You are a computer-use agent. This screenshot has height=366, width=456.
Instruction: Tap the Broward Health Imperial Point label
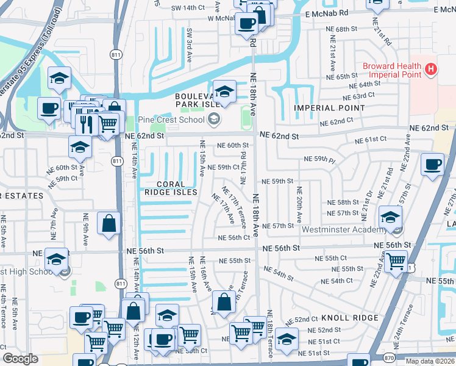click(x=392, y=70)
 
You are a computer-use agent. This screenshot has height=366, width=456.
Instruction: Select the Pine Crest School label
click(x=173, y=120)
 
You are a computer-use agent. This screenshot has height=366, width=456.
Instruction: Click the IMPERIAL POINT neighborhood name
click(x=330, y=108)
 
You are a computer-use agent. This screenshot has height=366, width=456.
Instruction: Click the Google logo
click(x=20, y=359)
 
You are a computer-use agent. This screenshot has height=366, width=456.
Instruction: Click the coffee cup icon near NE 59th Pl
click(x=432, y=165)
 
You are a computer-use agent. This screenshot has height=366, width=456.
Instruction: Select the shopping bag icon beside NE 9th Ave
click(x=108, y=223)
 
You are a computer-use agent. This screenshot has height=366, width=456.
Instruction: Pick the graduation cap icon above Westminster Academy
click(x=390, y=216)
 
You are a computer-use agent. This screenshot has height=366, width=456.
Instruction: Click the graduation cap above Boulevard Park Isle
click(x=224, y=91)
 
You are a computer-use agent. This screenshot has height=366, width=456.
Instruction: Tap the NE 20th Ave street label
click(x=299, y=209)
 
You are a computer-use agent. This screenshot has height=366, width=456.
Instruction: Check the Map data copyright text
click(x=430, y=361)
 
